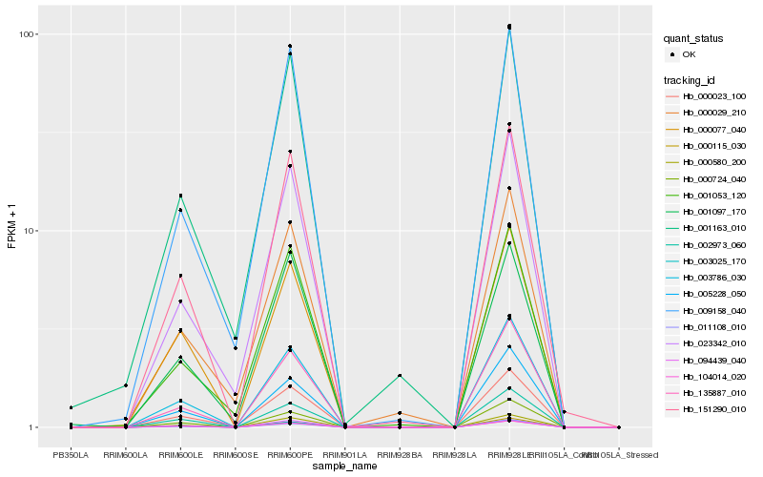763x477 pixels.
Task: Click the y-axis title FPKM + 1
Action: (x=12, y=230)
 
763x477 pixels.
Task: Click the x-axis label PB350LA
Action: (x=71, y=455)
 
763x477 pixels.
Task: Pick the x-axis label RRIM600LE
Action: (x=180, y=455)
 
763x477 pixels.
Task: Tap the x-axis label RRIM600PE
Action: (x=290, y=455)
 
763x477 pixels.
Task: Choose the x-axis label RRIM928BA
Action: (x=400, y=455)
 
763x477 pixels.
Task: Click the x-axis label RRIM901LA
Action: (x=344, y=455)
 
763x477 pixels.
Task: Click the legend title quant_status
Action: (x=693, y=39)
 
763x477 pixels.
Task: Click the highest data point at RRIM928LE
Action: (x=509, y=26)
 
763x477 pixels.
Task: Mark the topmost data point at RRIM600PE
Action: (x=290, y=46)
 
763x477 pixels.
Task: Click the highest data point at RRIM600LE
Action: (x=180, y=196)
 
